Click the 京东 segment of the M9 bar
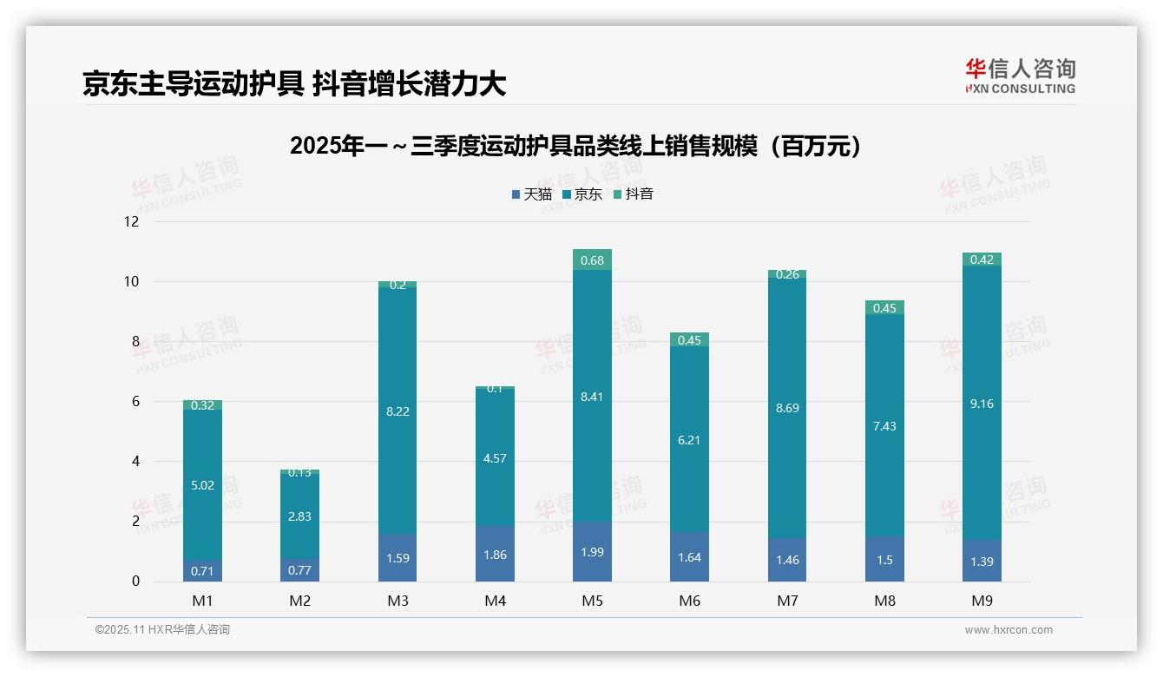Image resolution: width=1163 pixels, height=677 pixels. (x=982, y=403)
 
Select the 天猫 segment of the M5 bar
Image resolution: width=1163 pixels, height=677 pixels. (x=592, y=552)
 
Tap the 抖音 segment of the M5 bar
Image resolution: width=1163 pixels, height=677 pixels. (x=592, y=260)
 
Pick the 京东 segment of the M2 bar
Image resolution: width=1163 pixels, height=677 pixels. (x=299, y=516)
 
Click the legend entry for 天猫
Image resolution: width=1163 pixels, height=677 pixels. (x=532, y=194)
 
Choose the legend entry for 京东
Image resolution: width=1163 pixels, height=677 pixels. (x=582, y=194)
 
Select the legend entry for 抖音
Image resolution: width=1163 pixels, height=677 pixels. (x=634, y=194)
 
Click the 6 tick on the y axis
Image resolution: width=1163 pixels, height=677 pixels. (x=135, y=402)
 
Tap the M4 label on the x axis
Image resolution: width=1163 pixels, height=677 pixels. (x=495, y=601)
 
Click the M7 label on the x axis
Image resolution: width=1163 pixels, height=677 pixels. (x=787, y=601)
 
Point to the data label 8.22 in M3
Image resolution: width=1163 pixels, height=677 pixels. (x=398, y=411)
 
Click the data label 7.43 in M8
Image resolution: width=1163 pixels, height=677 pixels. (x=884, y=426)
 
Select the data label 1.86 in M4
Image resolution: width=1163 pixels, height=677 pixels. (x=495, y=555)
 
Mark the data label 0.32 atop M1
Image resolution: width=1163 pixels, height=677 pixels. (x=202, y=405)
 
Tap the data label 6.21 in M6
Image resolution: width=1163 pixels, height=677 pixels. (x=689, y=440)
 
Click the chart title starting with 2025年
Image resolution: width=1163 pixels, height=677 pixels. (x=580, y=146)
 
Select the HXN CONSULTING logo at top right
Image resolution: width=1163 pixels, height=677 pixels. (x=1020, y=76)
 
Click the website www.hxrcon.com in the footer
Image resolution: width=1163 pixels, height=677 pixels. (x=1009, y=630)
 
